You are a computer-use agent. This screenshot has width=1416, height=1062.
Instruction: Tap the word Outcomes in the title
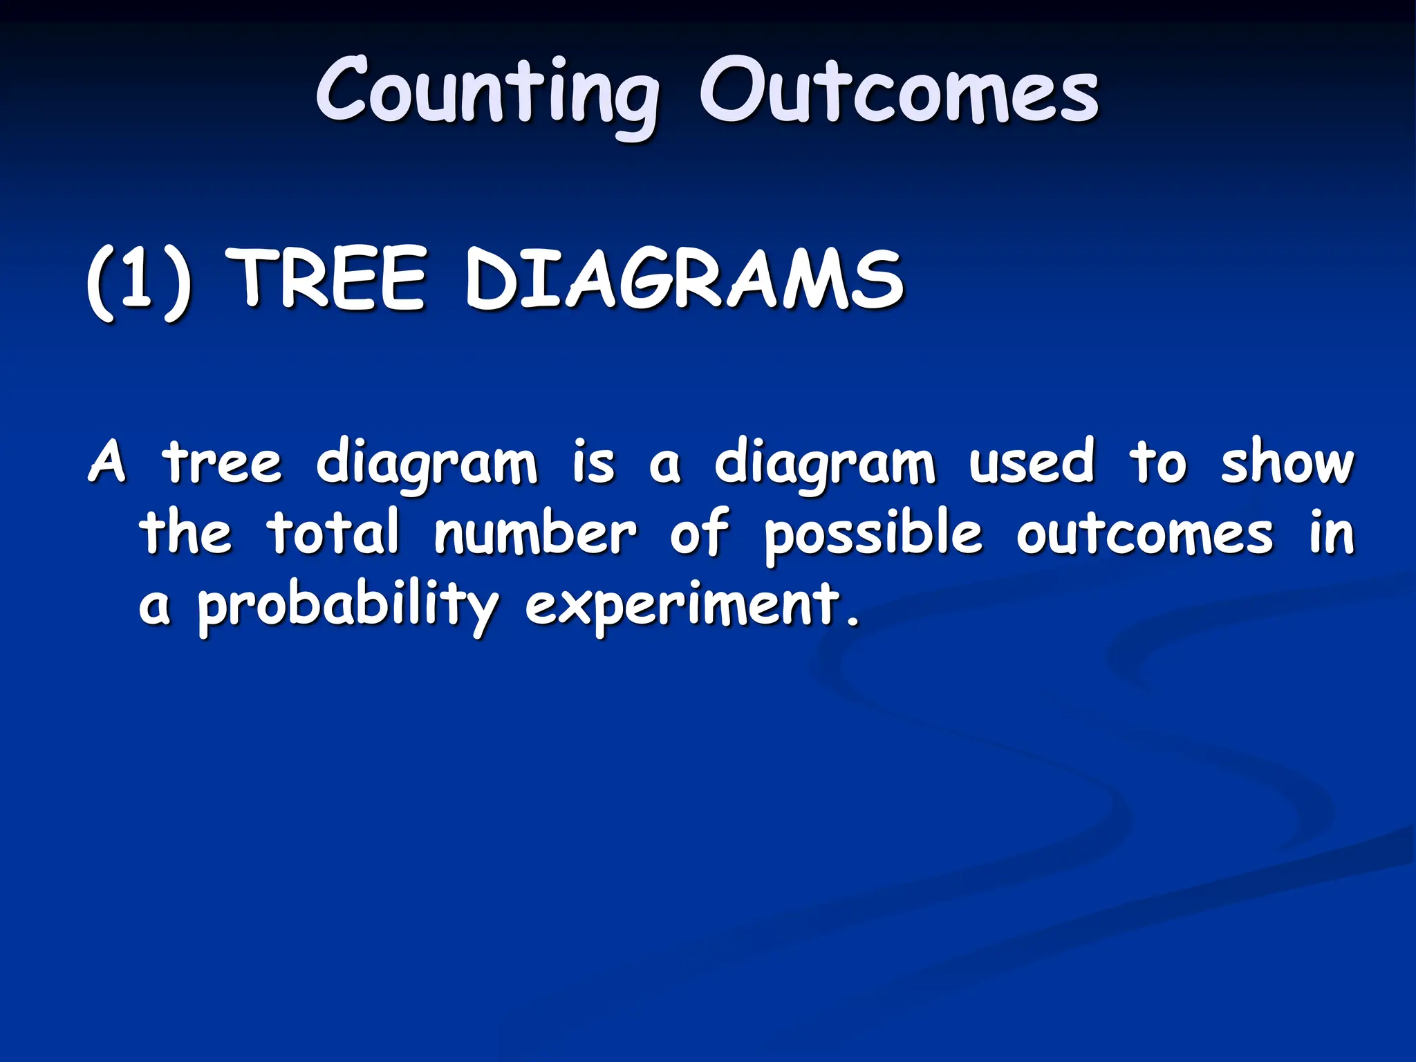pyautogui.click(x=898, y=93)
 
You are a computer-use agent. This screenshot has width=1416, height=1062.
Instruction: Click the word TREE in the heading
pyautogui.click(x=328, y=280)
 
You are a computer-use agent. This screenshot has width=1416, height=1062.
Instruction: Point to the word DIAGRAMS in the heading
pyautogui.click(x=684, y=280)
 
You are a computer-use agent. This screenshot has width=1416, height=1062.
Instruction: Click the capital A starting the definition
pyautogui.click(x=108, y=462)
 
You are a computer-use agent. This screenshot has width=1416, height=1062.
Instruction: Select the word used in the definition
pyautogui.click(x=1031, y=462)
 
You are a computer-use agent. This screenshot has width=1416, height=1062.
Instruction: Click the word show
pyautogui.click(x=1287, y=462)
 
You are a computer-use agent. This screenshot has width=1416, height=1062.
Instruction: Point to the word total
pyautogui.click(x=334, y=532)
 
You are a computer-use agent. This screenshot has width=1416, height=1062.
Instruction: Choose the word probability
pyautogui.click(x=348, y=606)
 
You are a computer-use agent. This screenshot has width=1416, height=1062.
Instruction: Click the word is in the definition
pyautogui.click(x=593, y=462)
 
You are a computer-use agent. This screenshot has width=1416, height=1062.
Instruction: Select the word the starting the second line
pyautogui.click(x=185, y=532)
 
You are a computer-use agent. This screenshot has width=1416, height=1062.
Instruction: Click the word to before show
pyautogui.click(x=1159, y=462)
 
